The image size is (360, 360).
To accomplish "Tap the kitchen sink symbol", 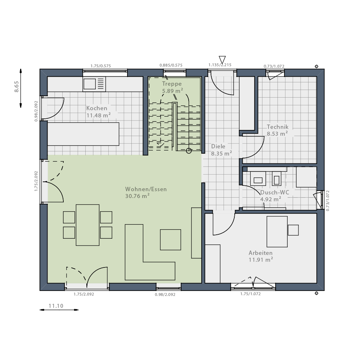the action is (94, 84).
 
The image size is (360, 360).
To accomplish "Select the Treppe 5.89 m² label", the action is (172, 87).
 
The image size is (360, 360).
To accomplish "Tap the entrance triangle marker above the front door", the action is (222, 59).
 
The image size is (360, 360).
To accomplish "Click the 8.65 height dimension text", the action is (17, 86).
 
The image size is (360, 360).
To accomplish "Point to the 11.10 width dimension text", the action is (56, 306).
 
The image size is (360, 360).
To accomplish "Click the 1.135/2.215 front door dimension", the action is (220, 65).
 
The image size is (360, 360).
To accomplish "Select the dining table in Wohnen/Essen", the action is (87, 225).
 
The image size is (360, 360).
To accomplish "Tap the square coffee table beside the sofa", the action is (171, 240).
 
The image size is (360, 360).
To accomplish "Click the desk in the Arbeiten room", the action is (277, 231).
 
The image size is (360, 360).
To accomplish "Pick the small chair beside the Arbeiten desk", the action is (293, 230).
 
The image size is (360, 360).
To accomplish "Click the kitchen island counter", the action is (83, 134).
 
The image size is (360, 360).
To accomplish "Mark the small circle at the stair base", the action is (189, 151).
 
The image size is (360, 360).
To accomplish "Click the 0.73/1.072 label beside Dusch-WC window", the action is (328, 201).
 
